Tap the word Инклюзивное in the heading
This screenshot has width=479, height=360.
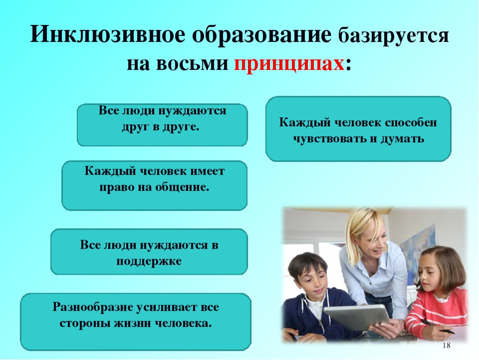107,34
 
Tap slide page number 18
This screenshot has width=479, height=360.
447,345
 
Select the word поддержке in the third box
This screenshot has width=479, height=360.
149,261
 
